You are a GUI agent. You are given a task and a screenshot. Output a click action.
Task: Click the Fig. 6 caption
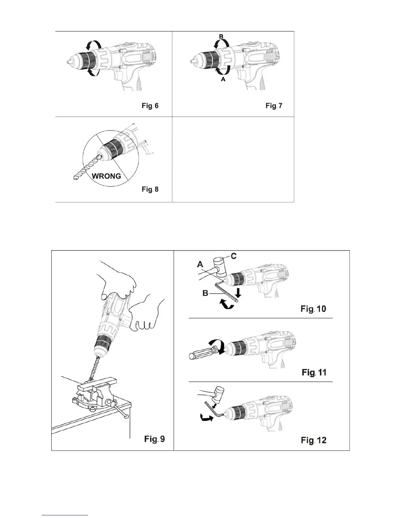click(x=150, y=106)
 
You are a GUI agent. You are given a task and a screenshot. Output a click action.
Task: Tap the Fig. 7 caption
click(x=274, y=106)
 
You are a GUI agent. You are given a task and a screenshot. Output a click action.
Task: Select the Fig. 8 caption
click(x=150, y=189)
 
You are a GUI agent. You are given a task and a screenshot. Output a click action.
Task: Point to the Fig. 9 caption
click(x=155, y=439)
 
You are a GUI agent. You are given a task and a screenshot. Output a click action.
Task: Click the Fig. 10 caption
click(x=314, y=309)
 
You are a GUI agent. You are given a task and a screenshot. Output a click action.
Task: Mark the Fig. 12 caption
click(x=314, y=440)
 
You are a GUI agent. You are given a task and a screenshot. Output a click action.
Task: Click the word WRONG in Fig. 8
click(x=106, y=176)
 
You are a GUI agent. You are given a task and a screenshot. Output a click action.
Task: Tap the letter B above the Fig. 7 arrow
click(x=221, y=37)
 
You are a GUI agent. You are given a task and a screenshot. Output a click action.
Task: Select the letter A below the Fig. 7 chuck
click(x=223, y=79)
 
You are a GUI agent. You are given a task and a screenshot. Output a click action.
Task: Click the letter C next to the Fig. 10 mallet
click(x=234, y=256)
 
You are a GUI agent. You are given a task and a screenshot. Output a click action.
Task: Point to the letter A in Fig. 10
click(x=200, y=265)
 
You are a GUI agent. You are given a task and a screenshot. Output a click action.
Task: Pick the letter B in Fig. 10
click(x=205, y=293)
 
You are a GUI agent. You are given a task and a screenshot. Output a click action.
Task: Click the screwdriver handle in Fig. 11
click(x=200, y=353)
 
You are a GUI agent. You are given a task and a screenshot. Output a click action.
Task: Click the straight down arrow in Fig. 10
click(x=239, y=294)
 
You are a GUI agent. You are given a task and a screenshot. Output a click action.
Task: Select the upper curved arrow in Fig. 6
click(x=91, y=45)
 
